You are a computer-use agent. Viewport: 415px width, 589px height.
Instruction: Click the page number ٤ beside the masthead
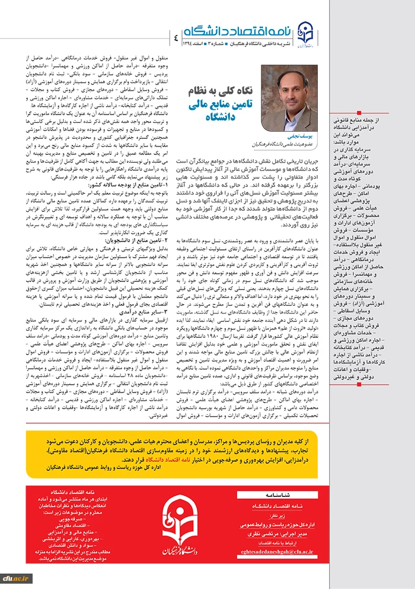coord(175,37)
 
